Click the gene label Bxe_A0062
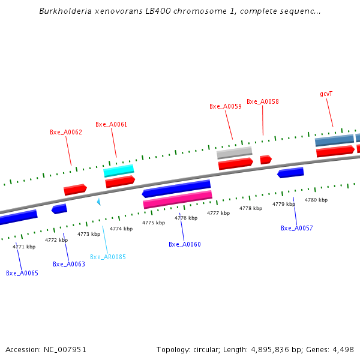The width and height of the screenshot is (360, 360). [x=66, y=132]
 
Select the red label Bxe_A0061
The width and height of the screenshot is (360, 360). [x=112, y=125]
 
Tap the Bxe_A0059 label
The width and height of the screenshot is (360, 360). [x=226, y=106]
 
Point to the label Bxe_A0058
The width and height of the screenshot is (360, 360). [x=263, y=102]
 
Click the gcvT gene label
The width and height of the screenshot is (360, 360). [x=326, y=94]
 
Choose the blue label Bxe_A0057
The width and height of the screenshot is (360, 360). [x=297, y=228]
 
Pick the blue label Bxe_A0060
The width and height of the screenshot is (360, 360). [x=185, y=244]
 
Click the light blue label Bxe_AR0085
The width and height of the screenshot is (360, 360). [x=108, y=257]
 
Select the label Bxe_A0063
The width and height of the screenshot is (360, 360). [x=69, y=264]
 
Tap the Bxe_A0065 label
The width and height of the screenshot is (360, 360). [x=22, y=273]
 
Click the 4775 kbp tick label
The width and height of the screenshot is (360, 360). [x=154, y=223]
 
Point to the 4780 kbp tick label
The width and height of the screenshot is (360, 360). [x=316, y=200]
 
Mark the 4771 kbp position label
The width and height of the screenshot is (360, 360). [x=24, y=247]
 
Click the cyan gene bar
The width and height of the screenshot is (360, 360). [x=119, y=171]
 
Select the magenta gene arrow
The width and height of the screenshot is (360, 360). [x=178, y=200]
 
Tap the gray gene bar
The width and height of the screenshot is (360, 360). [x=234, y=152]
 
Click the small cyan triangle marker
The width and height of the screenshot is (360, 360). [x=98, y=202]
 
